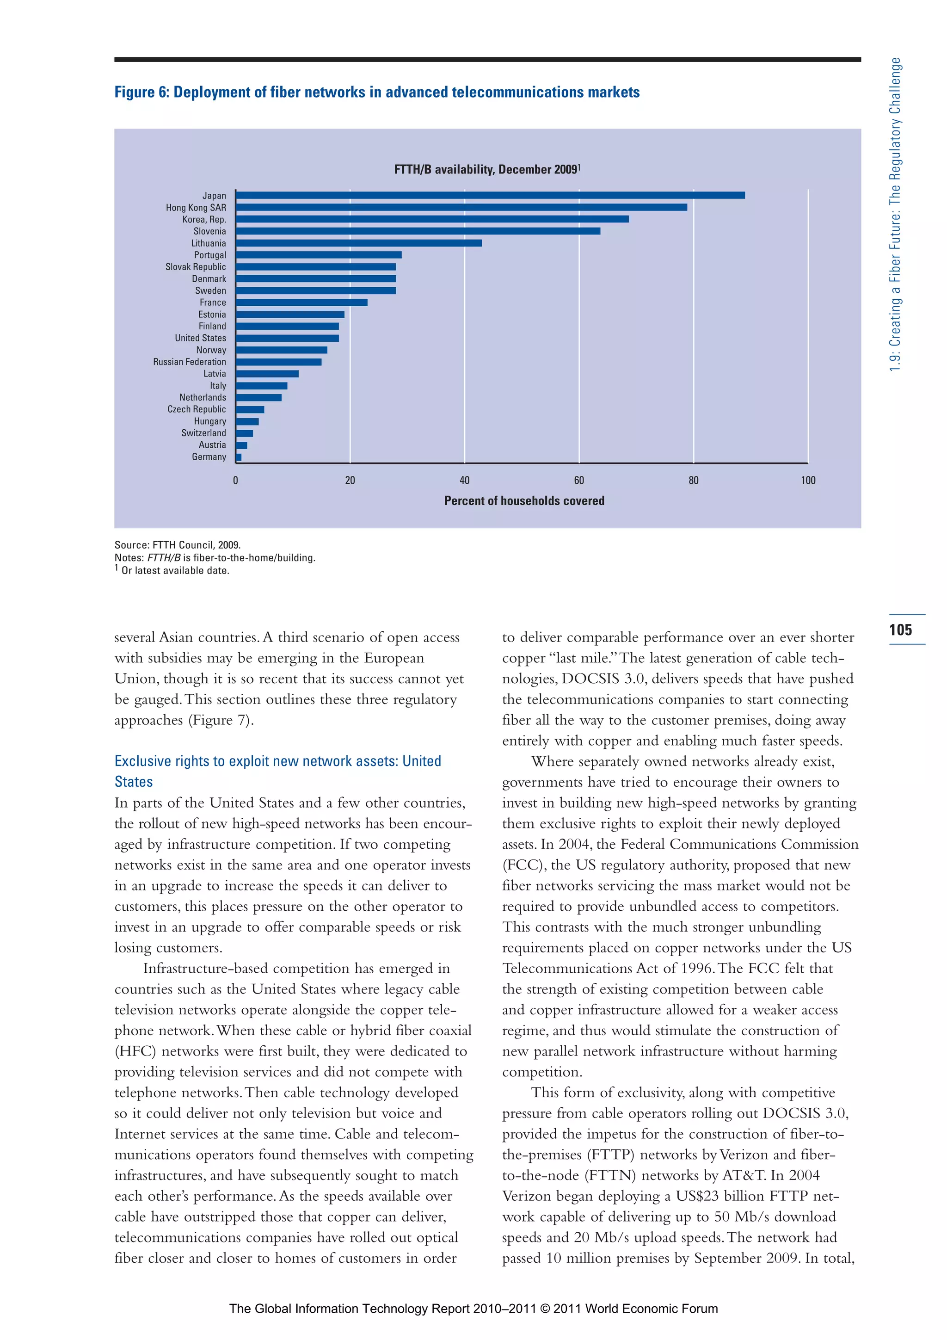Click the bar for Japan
(490, 195)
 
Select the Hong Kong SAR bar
(461, 207)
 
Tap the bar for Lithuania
(358, 243)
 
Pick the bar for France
(301, 303)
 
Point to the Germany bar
(239, 457)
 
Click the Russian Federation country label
(189, 362)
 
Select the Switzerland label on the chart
(203, 433)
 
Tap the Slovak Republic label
(196, 267)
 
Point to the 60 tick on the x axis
(579, 480)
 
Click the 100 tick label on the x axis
(807, 480)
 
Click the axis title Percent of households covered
(524, 501)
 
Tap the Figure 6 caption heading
(377, 92)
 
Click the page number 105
(900, 630)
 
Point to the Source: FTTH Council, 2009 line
(178, 544)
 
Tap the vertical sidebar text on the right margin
(895, 215)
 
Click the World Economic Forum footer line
(473, 1309)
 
